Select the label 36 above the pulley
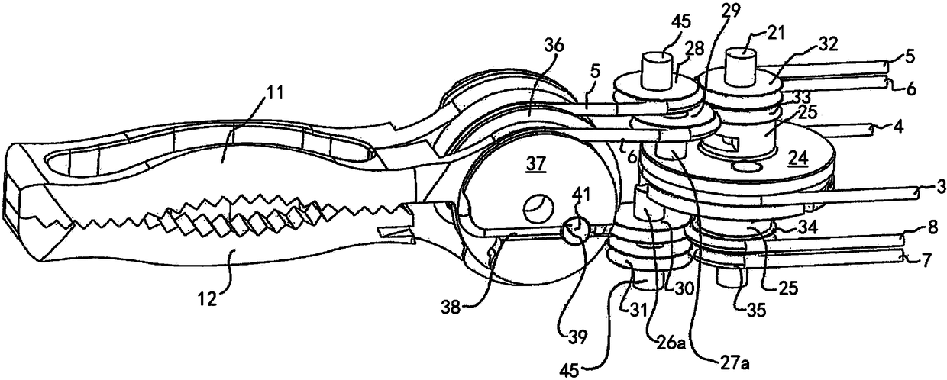tap(555, 46)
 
